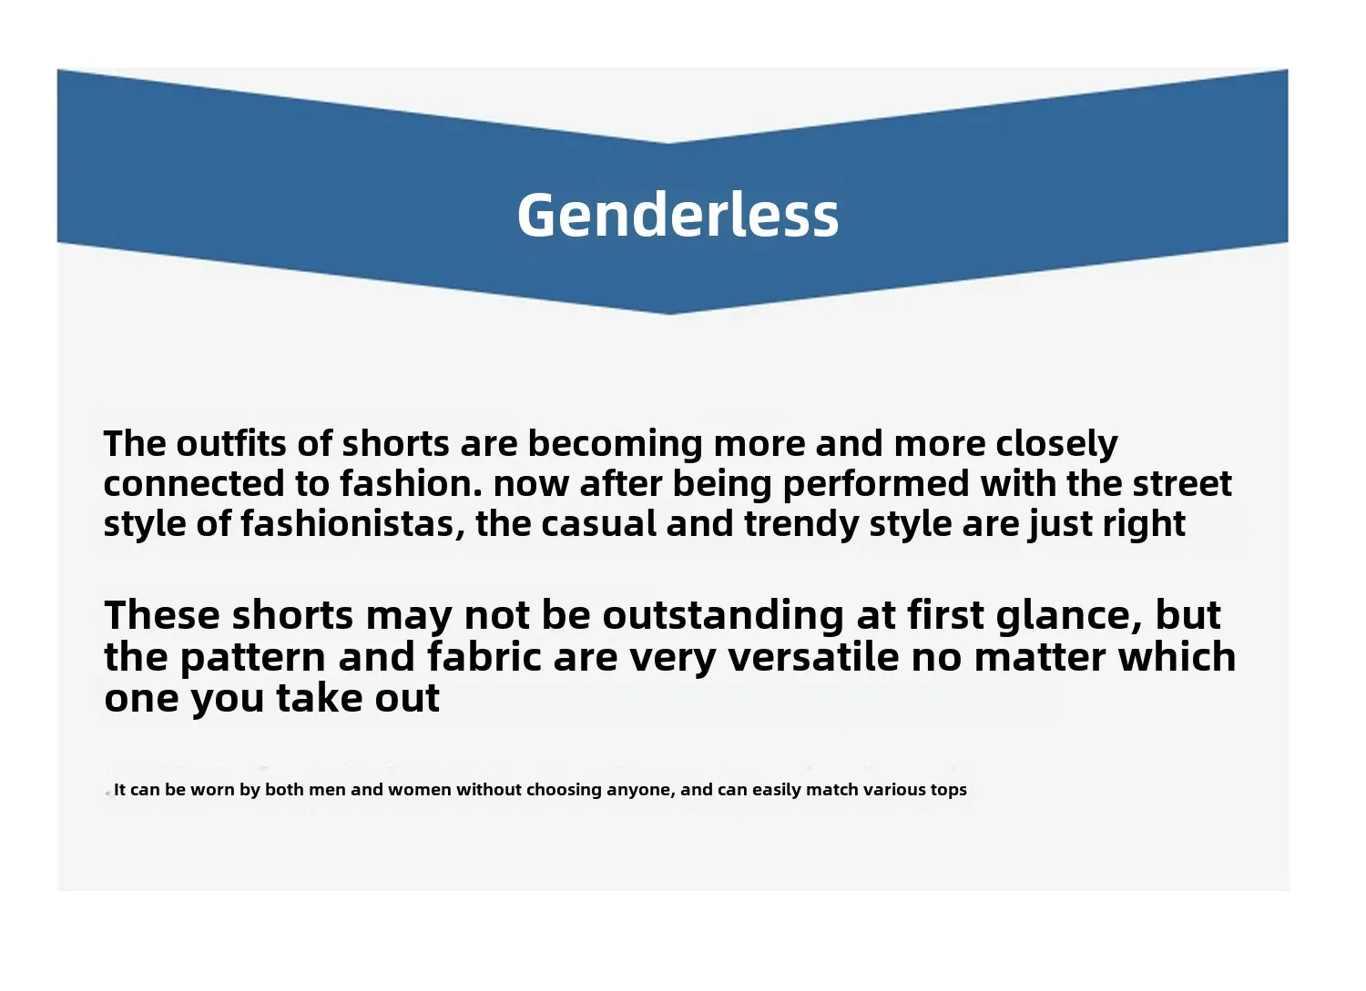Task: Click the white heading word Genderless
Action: (x=678, y=215)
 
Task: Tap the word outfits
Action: (x=231, y=443)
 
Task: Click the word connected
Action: (x=194, y=484)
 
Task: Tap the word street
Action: (x=1182, y=484)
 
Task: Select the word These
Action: (x=162, y=614)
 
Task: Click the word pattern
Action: (x=253, y=659)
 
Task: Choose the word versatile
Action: (x=814, y=657)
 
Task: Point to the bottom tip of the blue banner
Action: (x=669, y=315)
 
